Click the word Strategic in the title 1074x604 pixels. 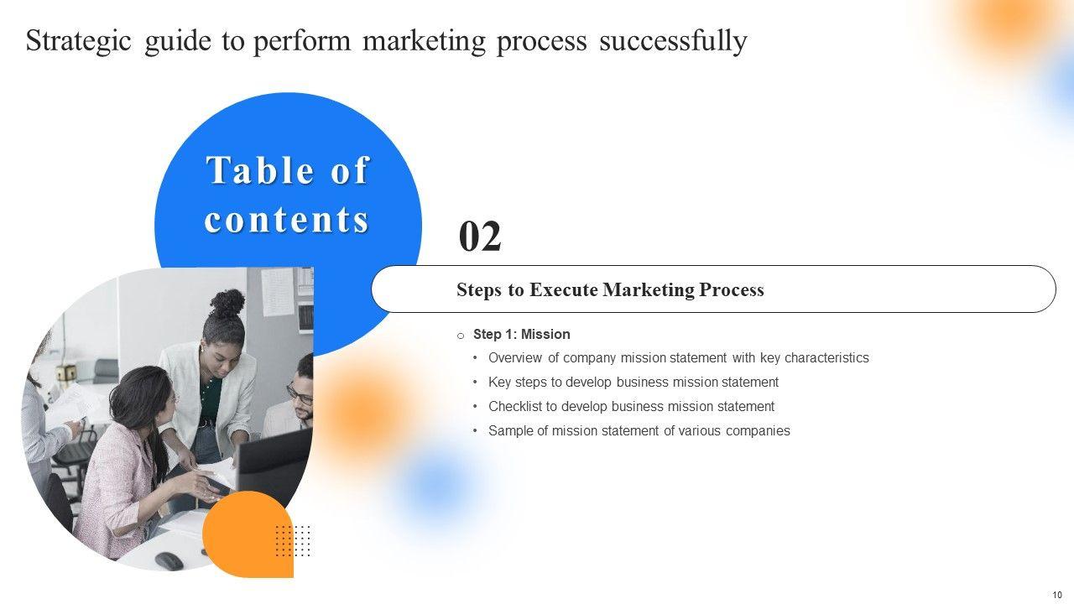pos(78,41)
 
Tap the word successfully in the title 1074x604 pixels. pos(673,41)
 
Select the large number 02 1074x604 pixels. pos(480,237)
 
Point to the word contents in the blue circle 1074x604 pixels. pos(287,220)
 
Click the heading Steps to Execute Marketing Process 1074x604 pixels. pos(610,289)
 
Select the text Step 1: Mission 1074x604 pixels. pos(522,334)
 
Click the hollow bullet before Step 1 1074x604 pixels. pos(461,336)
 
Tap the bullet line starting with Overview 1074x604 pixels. pos(679,358)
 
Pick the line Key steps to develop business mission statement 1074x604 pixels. pos(633,382)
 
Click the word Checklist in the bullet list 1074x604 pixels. pos(515,407)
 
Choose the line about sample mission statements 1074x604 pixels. pos(639,431)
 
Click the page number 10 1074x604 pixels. pos(1057,595)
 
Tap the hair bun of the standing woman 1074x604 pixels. pos(227,303)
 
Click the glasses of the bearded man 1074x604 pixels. pos(300,394)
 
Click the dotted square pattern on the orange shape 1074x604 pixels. pos(293,541)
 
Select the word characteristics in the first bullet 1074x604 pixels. pos(826,358)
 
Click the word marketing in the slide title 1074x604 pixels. pos(424,41)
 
